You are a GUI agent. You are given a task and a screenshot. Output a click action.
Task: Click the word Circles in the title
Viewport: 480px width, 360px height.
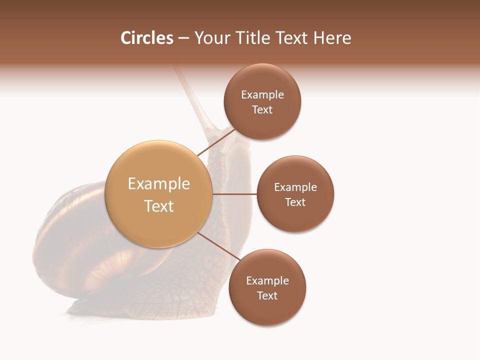click(x=146, y=38)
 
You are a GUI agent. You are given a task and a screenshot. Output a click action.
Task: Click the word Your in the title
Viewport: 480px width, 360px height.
click(x=212, y=38)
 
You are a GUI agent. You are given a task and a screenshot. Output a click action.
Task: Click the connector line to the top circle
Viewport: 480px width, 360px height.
click(x=216, y=142)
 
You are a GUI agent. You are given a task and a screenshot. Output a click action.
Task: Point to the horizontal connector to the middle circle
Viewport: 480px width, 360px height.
click(x=234, y=194)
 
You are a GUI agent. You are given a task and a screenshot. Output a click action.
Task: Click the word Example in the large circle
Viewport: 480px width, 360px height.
click(x=158, y=184)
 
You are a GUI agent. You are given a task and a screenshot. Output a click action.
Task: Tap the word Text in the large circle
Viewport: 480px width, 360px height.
click(x=158, y=206)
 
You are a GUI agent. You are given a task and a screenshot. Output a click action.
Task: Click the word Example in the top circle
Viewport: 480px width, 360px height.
click(x=262, y=95)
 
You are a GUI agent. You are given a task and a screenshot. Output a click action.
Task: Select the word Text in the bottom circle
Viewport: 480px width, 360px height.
click(x=267, y=295)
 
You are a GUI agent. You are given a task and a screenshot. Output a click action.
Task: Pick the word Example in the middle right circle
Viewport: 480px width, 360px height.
click(x=295, y=187)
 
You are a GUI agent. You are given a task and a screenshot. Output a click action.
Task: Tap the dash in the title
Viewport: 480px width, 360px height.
click(x=183, y=38)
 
